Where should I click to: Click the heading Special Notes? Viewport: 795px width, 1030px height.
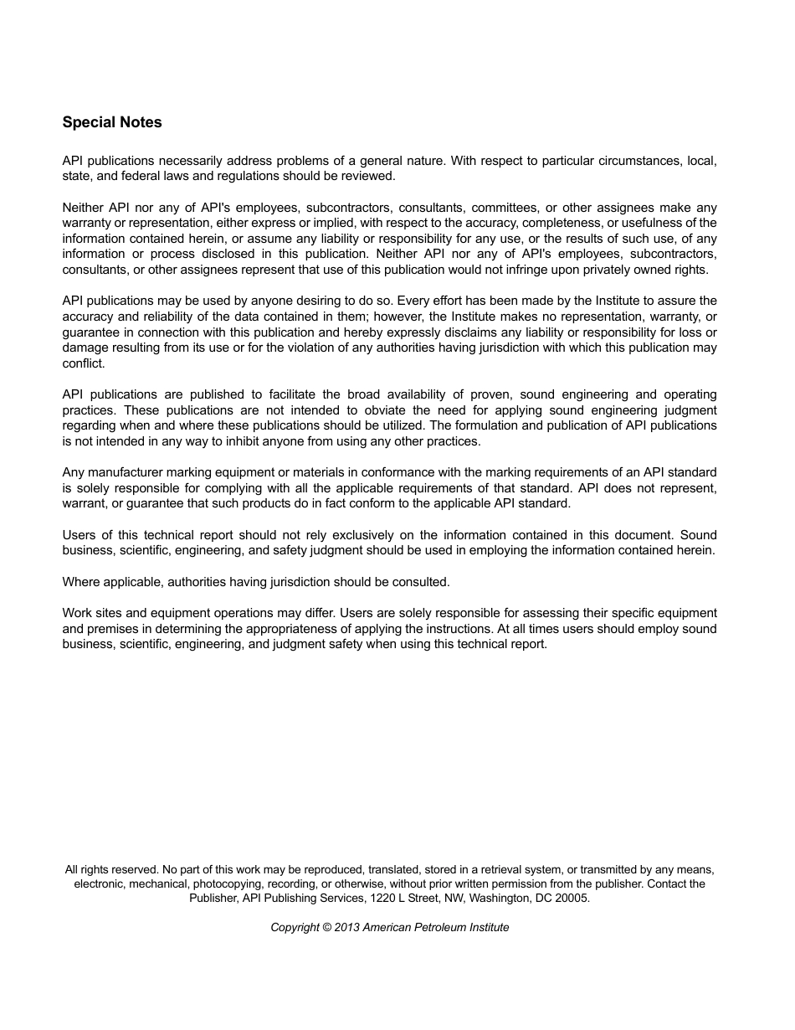coord(112,122)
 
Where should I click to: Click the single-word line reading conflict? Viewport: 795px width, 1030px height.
coord(84,363)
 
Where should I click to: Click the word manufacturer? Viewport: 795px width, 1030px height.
coord(126,472)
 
